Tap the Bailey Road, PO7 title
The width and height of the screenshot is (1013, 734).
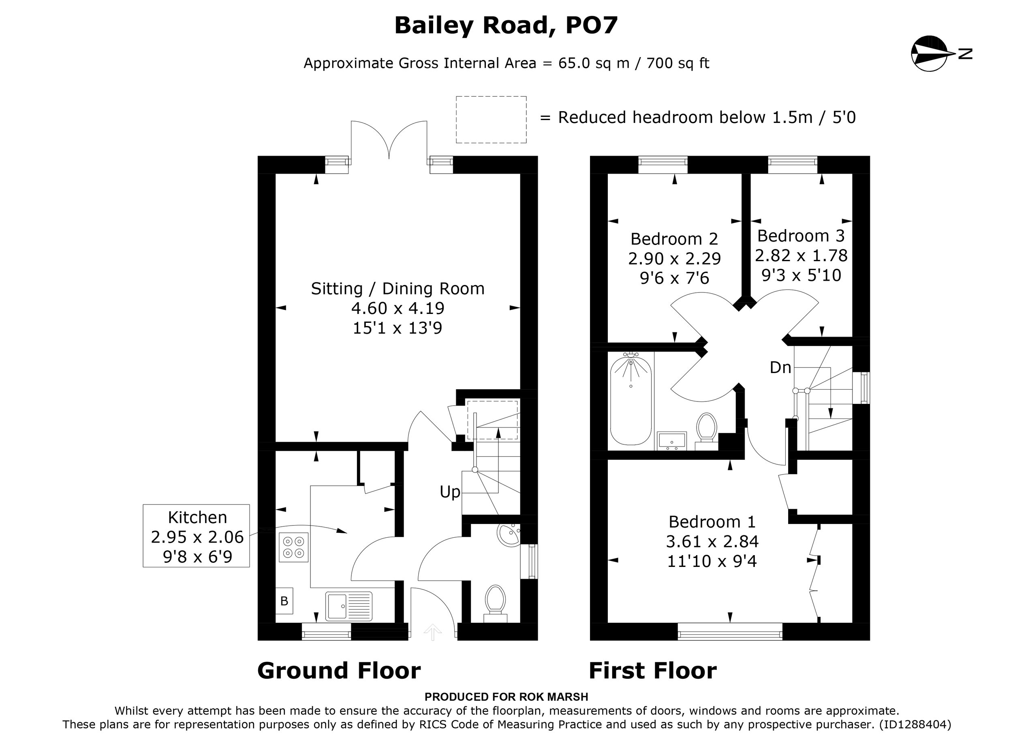pos(506,25)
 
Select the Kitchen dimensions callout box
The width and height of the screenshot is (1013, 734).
pos(197,536)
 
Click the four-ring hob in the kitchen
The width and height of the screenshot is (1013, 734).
pos(293,547)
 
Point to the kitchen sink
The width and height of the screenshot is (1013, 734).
pos(349,606)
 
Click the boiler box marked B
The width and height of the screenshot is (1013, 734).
pos(284,601)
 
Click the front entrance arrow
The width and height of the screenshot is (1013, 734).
pos(432,632)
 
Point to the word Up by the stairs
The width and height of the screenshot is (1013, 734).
pos(450,492)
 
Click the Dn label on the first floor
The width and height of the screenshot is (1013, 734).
pos(780,367)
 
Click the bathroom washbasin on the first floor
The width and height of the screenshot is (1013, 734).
pos(672,440)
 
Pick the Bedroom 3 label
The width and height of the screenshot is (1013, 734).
pos(801,236)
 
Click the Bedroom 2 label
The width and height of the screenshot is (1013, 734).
pos(674,239)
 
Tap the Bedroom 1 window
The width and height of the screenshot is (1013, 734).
pos(730,632)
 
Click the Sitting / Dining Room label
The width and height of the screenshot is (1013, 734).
pos(398,288)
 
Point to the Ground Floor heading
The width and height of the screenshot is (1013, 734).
pos(339,670)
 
